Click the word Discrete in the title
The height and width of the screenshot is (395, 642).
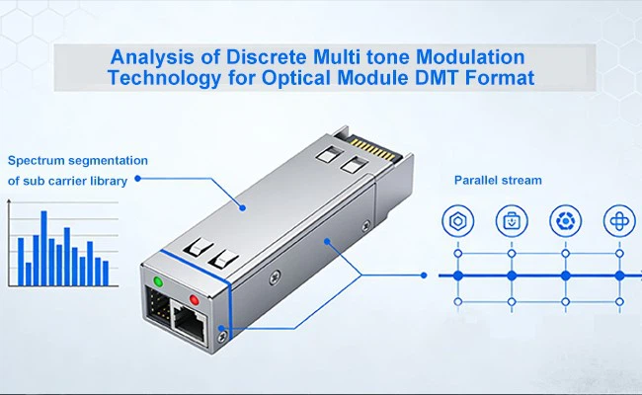click(x=267, y=57)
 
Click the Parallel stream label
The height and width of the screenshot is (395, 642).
click(x=498, y=180)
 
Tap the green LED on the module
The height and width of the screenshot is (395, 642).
click(x=158, y=281)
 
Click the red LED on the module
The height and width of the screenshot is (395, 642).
click(x=194, y=300)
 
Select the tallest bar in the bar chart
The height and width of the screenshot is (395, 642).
click(x=43, y=248)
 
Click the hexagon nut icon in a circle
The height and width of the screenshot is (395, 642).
click(x=457, y=221)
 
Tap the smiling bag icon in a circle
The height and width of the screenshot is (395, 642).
click(x=512, y=221)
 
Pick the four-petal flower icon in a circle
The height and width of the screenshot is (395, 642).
click(x=619, y=221)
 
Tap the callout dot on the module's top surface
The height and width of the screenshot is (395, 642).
click(x=242, y=208)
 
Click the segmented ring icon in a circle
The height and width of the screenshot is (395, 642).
click(x=565, y=221)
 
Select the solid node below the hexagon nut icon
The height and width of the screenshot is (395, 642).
click(x=457, y=276)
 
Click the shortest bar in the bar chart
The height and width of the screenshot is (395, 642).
click(x=29, y=274)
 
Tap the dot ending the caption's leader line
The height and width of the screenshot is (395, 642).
click(x=138, y=179)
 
